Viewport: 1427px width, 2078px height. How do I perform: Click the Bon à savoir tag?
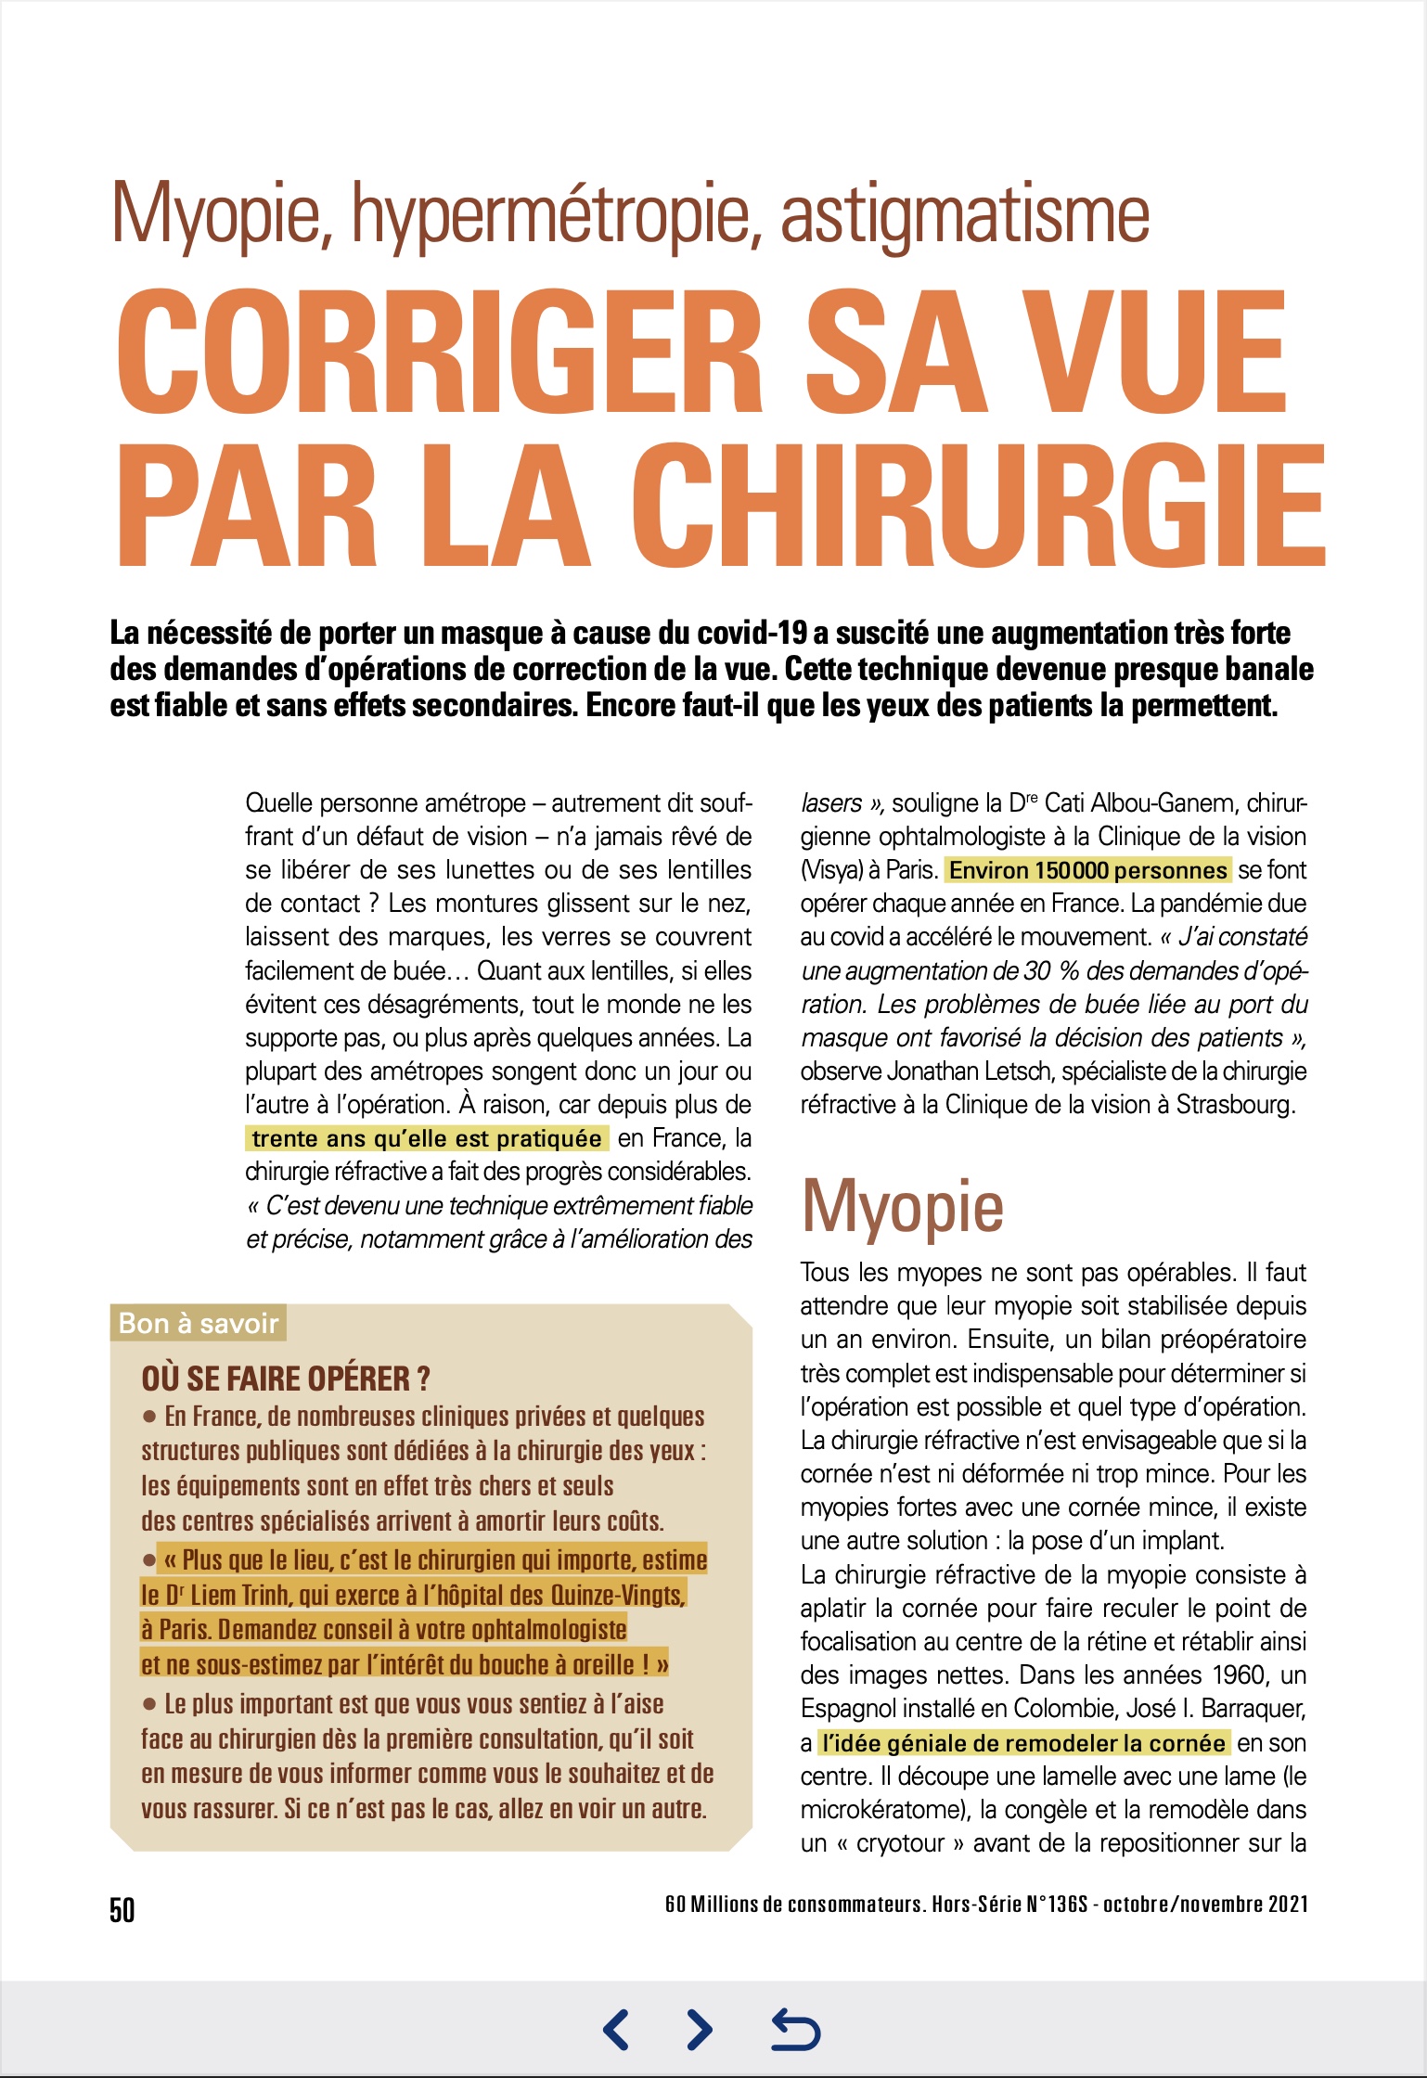199,1323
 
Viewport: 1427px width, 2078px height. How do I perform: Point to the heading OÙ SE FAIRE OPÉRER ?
286,1379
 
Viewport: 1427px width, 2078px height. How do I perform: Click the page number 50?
122,1910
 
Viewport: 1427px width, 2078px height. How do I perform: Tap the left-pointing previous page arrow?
616,2029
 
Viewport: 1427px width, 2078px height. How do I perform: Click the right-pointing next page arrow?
700,2029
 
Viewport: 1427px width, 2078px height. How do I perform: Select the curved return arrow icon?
796,2029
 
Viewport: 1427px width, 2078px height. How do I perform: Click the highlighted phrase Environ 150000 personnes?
1087,870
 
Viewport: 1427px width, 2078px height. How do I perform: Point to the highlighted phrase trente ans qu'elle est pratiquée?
427,1138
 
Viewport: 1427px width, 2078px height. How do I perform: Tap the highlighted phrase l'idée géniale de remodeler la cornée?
1023,1743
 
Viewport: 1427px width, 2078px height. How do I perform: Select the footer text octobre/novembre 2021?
1205,1905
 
